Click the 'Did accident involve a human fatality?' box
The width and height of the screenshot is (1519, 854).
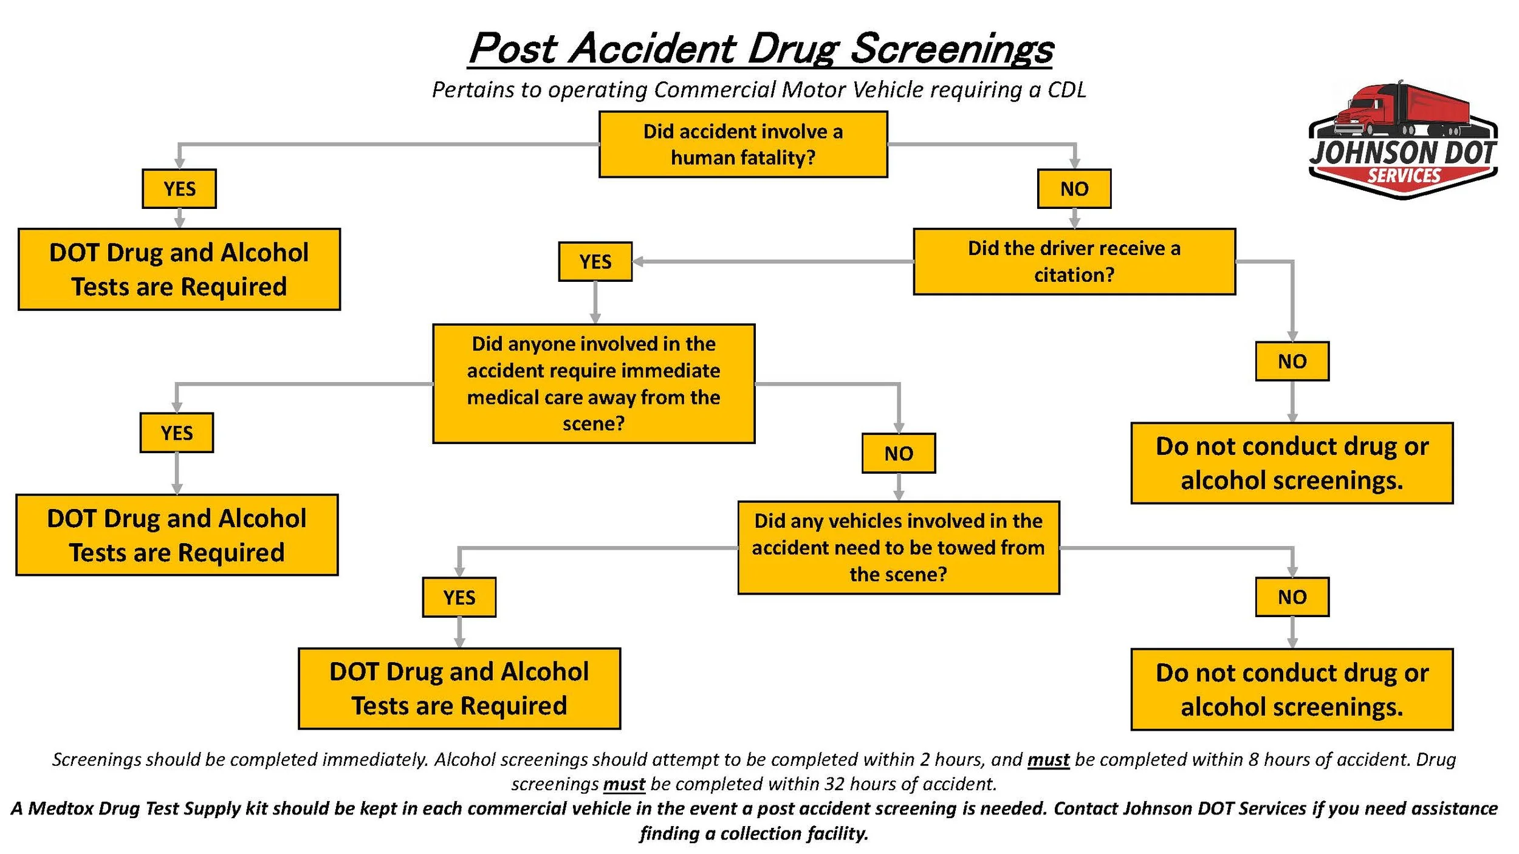click(x=742, y=145)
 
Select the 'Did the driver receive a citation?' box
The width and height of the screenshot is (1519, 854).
click(x=1074, y=262)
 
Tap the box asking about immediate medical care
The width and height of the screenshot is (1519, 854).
click(x=593, y=383)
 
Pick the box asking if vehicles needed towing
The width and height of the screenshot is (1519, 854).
click(x=898, y=547)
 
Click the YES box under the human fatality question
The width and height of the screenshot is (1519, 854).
click(x=179, y=189)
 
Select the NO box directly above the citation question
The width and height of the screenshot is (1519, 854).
click(x=1074, y=189)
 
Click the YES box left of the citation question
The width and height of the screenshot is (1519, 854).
click(x=595, y=262)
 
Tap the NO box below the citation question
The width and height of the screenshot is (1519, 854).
click(x=1292, y=361)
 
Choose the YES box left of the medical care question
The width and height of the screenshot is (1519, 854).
click(x=176, y=432)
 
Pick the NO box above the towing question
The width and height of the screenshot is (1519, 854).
click(x=898, y=453)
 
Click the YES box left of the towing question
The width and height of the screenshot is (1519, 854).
click(x=459, y=597)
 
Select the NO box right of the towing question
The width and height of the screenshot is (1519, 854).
click(x=1292, y=597)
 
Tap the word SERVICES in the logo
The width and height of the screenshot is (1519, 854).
click(x=1404, y=176)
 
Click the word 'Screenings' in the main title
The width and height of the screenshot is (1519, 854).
click(x=951, y=49)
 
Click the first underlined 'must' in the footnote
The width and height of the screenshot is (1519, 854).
click(x=1048, y=760)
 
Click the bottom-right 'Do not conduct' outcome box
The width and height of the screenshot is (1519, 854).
click(x=1292, y=689)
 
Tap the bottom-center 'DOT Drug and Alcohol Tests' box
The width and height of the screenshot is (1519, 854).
click(x=459, y=689)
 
